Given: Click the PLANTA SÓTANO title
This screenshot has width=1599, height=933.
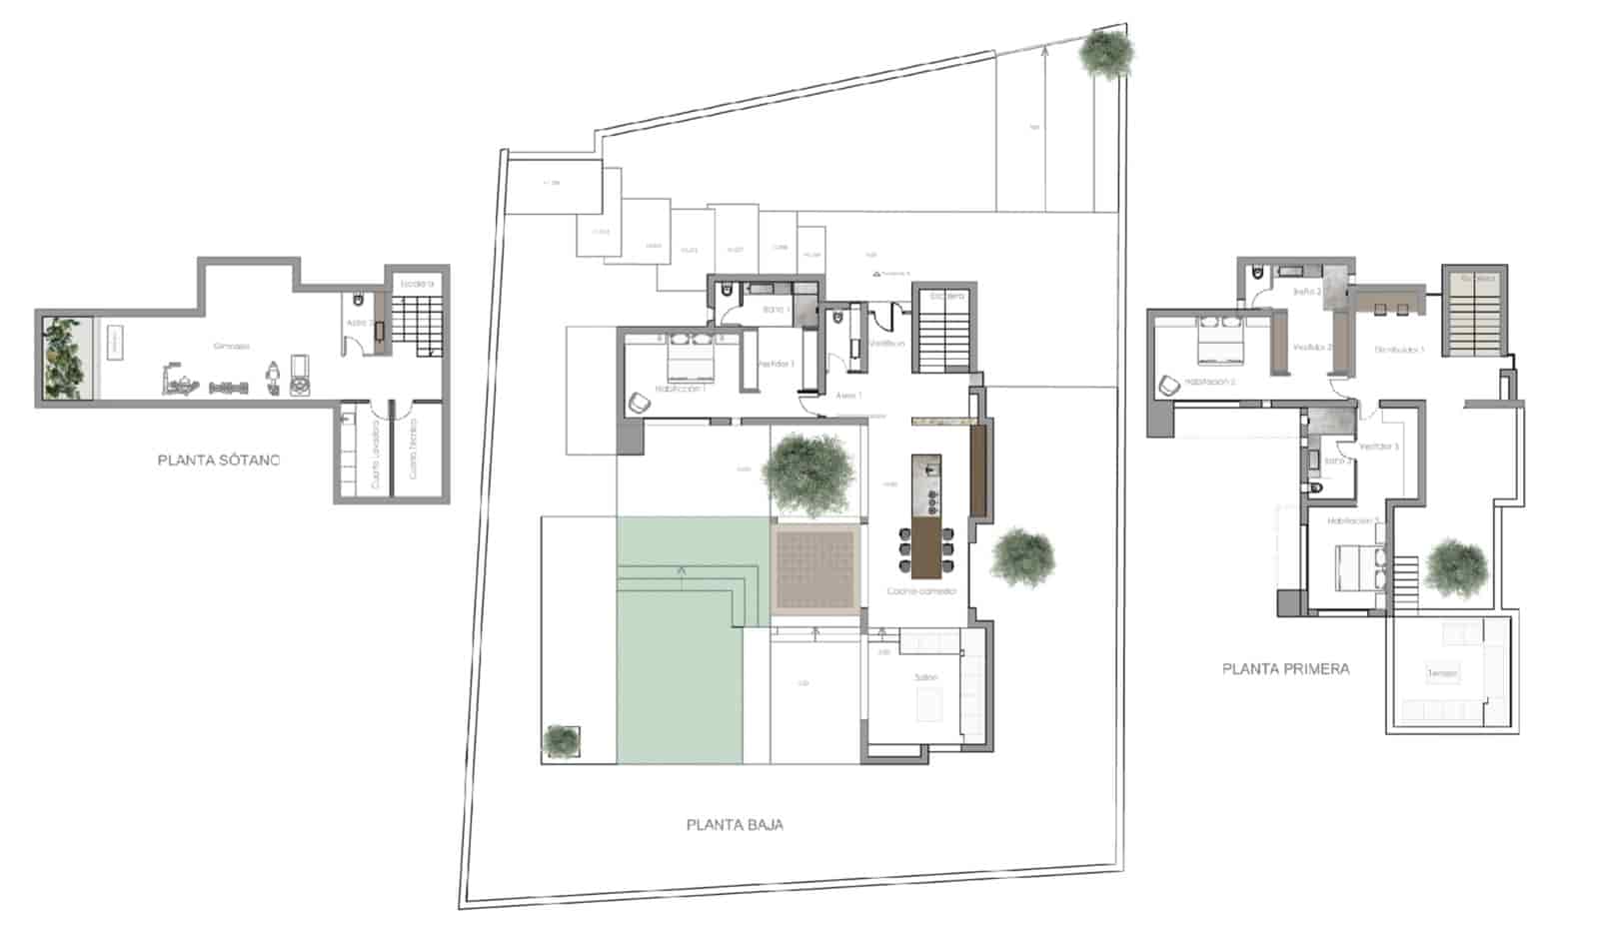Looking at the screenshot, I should point(219,461).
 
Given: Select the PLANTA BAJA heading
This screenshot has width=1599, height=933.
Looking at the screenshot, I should point(735,825).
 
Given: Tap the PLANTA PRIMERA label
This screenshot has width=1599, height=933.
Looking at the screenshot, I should point(1285,669).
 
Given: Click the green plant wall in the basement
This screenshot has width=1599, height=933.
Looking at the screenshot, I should point(66,357).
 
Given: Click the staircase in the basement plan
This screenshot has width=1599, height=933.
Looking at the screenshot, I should point(412,319).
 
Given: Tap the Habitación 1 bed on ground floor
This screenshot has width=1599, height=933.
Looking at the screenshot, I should point(687,358).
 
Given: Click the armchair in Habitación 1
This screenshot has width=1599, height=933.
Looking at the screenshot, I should point(639,403).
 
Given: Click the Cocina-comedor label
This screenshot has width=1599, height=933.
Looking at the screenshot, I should point(921,591).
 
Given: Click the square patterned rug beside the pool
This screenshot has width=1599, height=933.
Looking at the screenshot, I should point(814,568).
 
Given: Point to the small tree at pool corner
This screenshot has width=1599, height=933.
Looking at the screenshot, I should point(560,740).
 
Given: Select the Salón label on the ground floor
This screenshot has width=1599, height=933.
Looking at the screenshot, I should point(926,677).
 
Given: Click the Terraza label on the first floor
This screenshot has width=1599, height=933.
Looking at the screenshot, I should point(1441,673).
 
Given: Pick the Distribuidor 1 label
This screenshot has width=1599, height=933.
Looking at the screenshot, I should point(1399,350).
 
